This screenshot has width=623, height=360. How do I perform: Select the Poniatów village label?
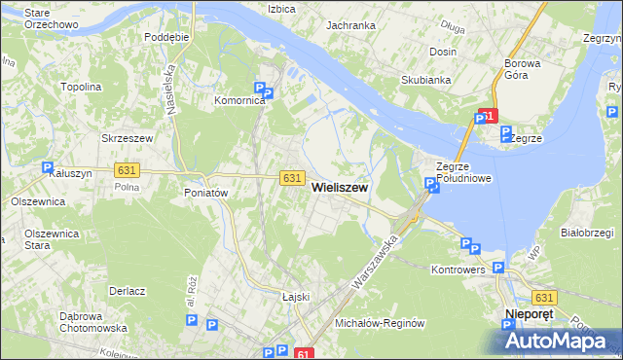pyautogui.click(x=205, y=193)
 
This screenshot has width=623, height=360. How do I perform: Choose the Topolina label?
pyautogui.click(x=82, y=87)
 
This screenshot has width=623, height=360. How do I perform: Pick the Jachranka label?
pyautogui.click(x=351, y=25)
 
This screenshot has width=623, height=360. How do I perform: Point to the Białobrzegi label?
pyautogui.click(x=587, y=233)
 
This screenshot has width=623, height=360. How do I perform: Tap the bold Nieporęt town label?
pyautogui.click(x=531, y=314)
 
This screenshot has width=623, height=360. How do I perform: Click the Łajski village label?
pyautogui.click(x=295, y=296)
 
